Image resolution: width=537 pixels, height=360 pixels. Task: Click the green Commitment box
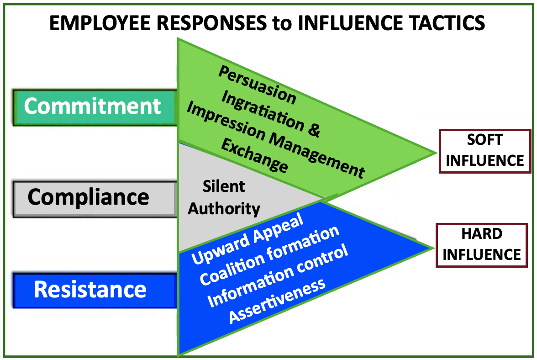point(94,107)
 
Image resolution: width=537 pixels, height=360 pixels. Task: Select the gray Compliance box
point(94,198)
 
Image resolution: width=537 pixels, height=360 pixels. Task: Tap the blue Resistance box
point(94,291)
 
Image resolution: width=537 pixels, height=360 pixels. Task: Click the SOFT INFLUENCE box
point(484,151)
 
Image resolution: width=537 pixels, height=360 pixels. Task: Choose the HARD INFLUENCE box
point(482,244)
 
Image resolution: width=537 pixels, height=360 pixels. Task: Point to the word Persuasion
point(257,84)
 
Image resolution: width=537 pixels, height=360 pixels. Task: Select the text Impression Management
point(276,139)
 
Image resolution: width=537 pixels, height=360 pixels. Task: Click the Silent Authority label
point(224,197)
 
